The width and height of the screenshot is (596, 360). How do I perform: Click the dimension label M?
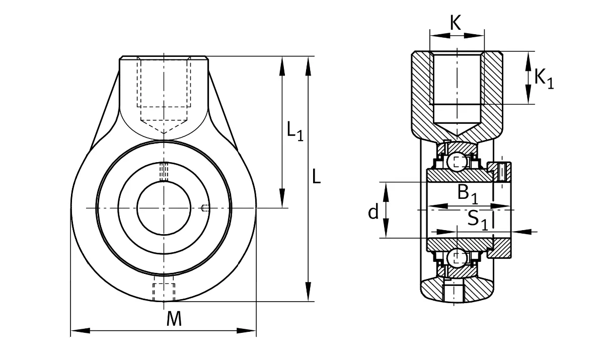coord(174,319)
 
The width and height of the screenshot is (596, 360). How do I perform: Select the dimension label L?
coord(316,176)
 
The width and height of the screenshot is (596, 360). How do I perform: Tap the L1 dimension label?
coord(295,131)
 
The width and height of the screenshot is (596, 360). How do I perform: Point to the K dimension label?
coord(456,23)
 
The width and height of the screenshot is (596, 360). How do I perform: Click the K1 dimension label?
coord(544,79)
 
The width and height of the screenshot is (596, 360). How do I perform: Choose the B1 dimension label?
coord(467,193)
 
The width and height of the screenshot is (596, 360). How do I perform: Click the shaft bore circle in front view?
coord(137,208)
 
